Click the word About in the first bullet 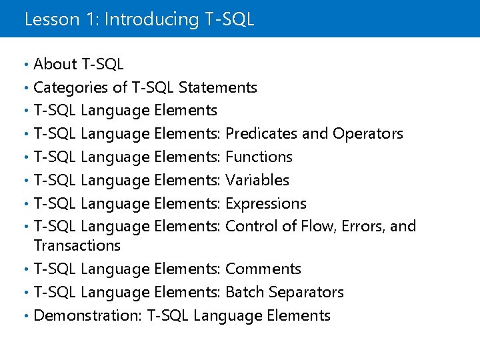pyautogui.click(x=55, y=64)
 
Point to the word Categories pyautogui.click(x=71, y=87)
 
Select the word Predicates pyautogui.click(x=262, y=133)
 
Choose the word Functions pyautogui.click(x=259, y=157)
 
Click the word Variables pyautogui.click(x=257, y=180)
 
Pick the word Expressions pyautogui.click(x=266, y=203)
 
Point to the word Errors pyautogui.click(x=361, y=226)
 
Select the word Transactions pyautogui.click(x=77, y=245)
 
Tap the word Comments pyautogui.click(x=263, y=269)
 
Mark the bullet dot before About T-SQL pyautogui.click(x=25, y=65)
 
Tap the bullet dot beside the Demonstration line pyautogui.click(x=25, y=316)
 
